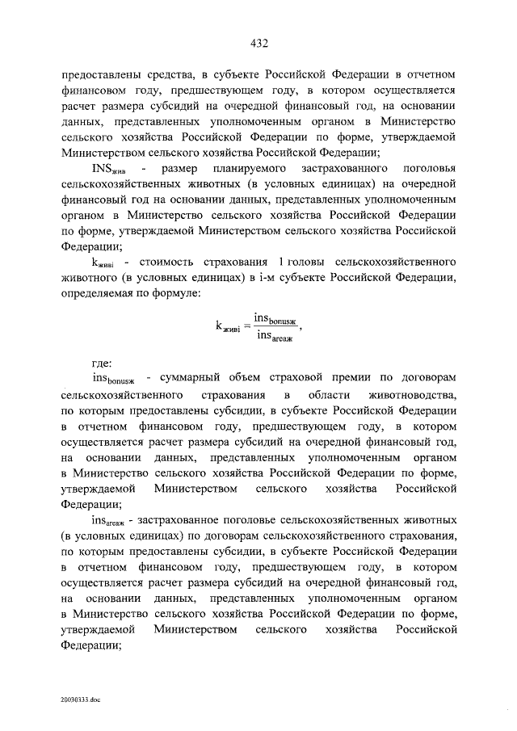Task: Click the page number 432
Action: point(258,42)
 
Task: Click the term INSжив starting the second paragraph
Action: point(110,170)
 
